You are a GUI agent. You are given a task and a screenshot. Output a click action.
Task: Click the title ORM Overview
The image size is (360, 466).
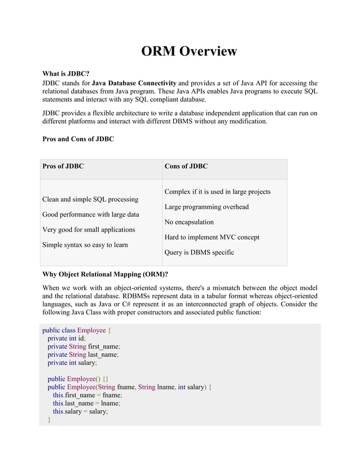[x=188, y=51]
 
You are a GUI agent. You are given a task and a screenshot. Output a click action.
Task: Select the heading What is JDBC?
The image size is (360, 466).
[x=66, y=74]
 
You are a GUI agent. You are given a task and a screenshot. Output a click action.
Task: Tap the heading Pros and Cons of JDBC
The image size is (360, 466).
[x=78, y=139]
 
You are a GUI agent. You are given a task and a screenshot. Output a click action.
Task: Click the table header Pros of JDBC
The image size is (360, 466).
[x=63, y=166]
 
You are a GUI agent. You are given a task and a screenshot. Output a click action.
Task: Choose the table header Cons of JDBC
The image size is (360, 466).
[x=186, y=166]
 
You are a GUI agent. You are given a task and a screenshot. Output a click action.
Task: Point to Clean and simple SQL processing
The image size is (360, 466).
[x=90, y=200]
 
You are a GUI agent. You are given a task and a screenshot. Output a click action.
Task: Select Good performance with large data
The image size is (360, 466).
[x=91, y=215]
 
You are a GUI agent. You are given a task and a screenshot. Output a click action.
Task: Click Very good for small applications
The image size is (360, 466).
[x=89, y=230]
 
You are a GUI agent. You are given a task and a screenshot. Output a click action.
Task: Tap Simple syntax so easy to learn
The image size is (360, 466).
[x=85, y=245]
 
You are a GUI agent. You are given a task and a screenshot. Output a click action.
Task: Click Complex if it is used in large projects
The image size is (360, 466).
[x=217, y=192]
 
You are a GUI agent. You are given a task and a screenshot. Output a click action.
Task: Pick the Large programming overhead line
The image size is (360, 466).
[x=206, y=207]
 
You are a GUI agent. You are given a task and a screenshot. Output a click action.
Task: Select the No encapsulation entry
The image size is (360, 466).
[x=189, y=222]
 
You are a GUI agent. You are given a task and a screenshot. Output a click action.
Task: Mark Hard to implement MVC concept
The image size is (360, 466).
[x=212, y=238]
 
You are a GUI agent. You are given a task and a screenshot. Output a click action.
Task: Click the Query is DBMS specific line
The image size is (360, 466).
[x=199, y=253]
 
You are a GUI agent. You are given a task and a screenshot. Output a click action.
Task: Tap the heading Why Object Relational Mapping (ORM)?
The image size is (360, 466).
[x=106, y=275]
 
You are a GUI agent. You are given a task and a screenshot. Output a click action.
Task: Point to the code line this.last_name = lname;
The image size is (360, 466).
[x=86, y=404]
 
